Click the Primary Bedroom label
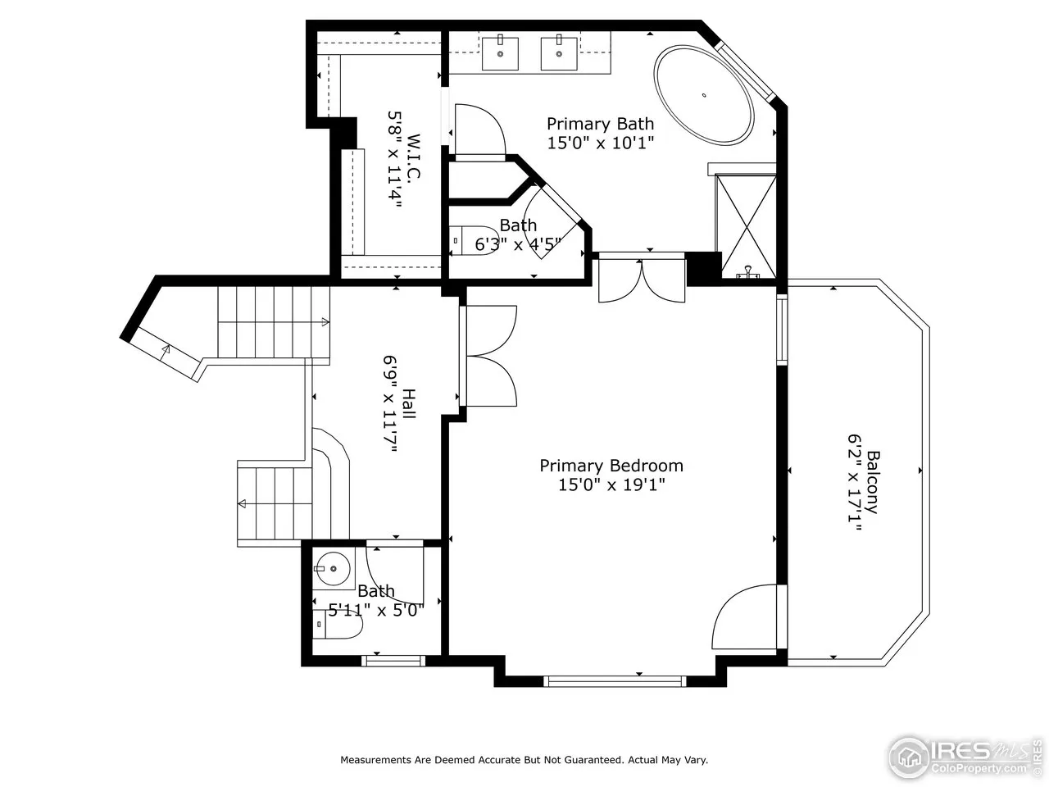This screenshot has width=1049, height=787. tap(611, 466)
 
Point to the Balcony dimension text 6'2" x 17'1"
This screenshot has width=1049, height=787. tap(855, 483)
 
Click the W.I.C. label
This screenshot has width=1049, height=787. tap(413, 157)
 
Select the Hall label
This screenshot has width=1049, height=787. tap(409, 404)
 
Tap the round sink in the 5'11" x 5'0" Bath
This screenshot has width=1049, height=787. tap(333, 569)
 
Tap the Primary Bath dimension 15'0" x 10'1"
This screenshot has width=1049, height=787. tap(600, 143)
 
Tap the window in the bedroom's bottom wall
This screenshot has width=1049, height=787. tap(615, 681)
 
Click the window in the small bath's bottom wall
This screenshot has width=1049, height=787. tap(393, 661)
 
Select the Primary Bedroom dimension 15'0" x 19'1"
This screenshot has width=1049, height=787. tap(611, 485)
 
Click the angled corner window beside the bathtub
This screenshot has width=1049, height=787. tap(745, 71)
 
